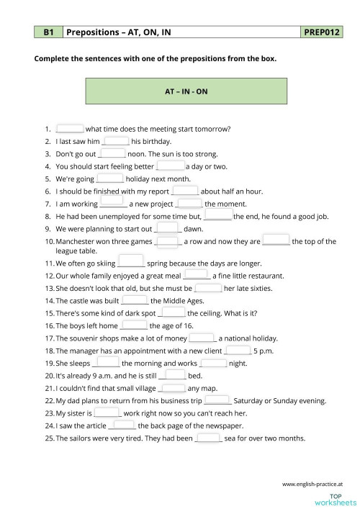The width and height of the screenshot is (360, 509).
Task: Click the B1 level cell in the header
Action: click(48, 32)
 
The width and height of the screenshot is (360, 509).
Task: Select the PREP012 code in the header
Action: click(323, 32)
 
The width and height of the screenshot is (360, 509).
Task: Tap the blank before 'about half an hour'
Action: click(185, 190)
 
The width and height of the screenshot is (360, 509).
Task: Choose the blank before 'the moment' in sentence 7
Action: click(189, 202)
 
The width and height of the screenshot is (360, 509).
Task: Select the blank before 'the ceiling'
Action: click(171, 312)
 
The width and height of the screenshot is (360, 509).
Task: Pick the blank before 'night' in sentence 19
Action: click(213, 362)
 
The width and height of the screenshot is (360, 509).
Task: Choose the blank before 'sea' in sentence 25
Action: click(208, 437)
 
